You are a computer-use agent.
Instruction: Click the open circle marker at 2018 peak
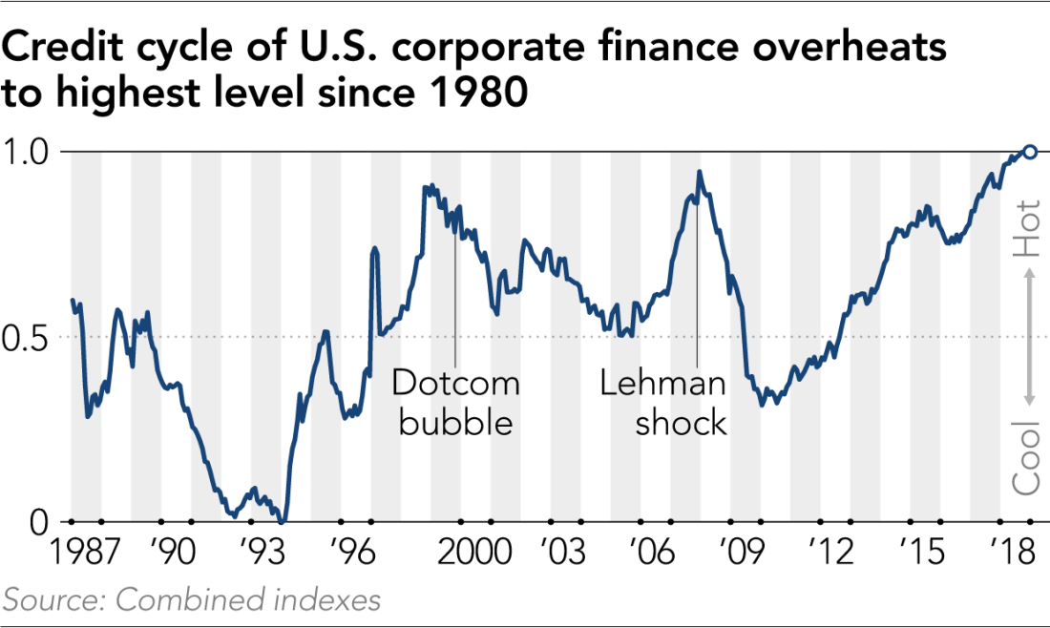1030,151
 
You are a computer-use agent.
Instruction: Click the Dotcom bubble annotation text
455,403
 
